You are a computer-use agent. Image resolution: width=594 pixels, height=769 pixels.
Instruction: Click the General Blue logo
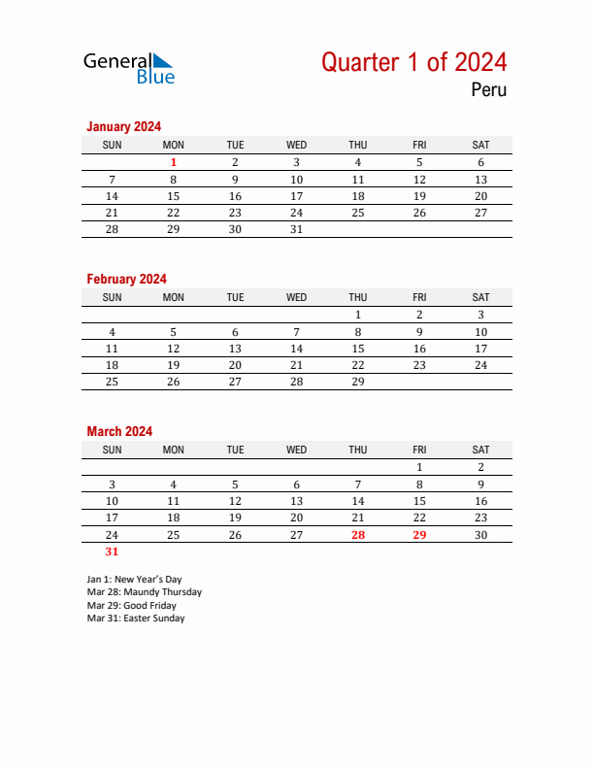pos(128,67)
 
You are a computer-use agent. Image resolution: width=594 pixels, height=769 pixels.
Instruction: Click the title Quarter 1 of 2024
pos(413,62)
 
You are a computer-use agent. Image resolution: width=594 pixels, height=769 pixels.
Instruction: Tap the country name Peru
pos(488,91)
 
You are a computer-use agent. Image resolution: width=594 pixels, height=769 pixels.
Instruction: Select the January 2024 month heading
pos(123,126)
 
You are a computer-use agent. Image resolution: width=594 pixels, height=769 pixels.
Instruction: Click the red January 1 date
pos(174,163)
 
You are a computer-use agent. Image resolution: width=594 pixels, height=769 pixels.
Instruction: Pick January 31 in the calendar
pos(297,230)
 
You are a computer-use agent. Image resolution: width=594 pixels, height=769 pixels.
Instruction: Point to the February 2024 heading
pos(126,279)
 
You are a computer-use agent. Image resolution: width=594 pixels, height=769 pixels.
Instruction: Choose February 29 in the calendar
pos(358,383)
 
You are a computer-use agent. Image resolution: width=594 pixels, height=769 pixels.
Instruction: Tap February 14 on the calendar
pos(297,349)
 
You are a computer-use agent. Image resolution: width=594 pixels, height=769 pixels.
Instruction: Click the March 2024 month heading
pos(119,431)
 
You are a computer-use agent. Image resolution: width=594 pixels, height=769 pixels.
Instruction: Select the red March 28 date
pos(358,535)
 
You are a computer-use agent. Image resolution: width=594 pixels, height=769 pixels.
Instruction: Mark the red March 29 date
pos(419,535)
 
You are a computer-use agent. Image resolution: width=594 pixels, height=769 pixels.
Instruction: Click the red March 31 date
pos(112,552)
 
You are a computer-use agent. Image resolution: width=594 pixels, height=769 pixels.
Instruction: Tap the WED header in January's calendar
pos(297,146)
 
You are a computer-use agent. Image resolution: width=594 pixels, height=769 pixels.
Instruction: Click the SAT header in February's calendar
pos(480,298)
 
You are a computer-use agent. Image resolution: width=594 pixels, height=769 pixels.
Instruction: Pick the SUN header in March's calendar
pos(112,451)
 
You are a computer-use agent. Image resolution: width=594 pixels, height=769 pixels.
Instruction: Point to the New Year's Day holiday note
pos(134,580)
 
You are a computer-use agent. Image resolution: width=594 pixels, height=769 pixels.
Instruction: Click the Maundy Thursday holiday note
pos(144,592)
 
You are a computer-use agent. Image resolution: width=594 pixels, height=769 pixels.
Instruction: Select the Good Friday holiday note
pos(131,606)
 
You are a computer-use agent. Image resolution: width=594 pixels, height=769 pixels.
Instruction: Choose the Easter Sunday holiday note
pos(135,619)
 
